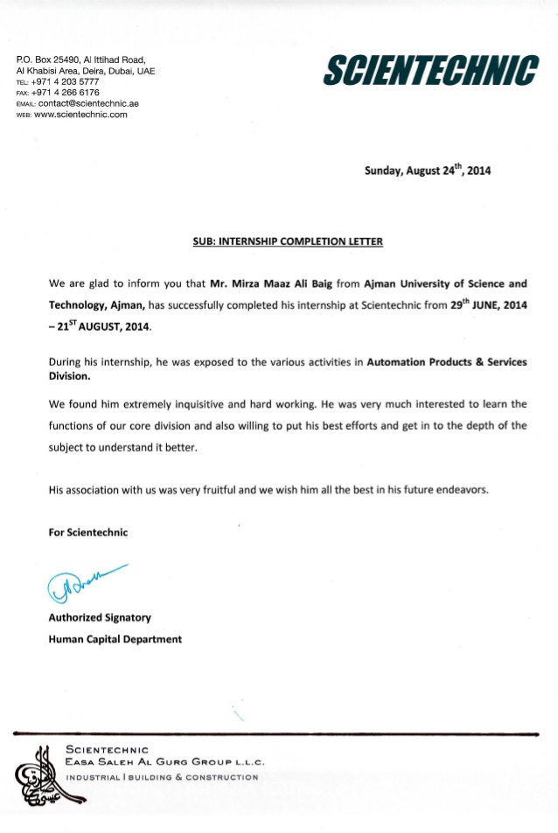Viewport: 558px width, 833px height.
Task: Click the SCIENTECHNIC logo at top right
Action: pyautogui.click(x=430, y=70)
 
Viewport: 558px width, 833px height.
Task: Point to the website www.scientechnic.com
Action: pyautogui.click(x=80, y=115)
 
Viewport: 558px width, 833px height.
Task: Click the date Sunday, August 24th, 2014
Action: pyautogui.click(x=427, y=171)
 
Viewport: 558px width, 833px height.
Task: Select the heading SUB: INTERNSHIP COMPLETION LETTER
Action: pyautogui.click(x=288, y=241)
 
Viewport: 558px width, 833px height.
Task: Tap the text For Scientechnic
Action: pyautogui.click(x=88, y=532)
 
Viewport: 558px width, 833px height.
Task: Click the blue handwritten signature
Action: pyautogui.click(x=77, y=583)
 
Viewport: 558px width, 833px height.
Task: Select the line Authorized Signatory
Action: pyautogui.click(x=100, y=618)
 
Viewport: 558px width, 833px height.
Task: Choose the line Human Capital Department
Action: pyautogui.click(x=115, y=639)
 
